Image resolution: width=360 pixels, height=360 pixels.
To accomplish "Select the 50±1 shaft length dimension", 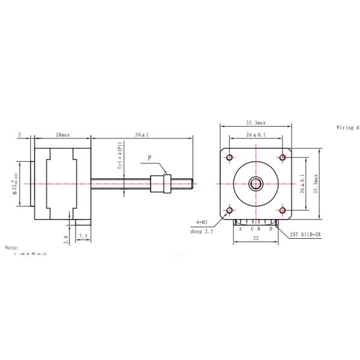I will click(x=142, y=136).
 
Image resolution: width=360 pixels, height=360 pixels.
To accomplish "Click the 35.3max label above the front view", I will click(x=256, y=122).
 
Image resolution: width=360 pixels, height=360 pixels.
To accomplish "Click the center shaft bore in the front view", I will click(x=256, y=183).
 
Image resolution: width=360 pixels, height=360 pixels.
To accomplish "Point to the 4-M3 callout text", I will click(x=202, y=223).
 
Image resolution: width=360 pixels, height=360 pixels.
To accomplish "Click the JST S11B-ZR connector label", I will click(x=306, y=236).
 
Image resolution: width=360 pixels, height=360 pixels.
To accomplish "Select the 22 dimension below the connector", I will click(x=256, y=238).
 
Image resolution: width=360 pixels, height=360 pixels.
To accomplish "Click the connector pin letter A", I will click(x=240, y=229).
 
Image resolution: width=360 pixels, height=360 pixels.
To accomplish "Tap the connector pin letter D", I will click(x=271, y=229).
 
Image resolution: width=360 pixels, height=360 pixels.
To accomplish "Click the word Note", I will click(x=12, y=247).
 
